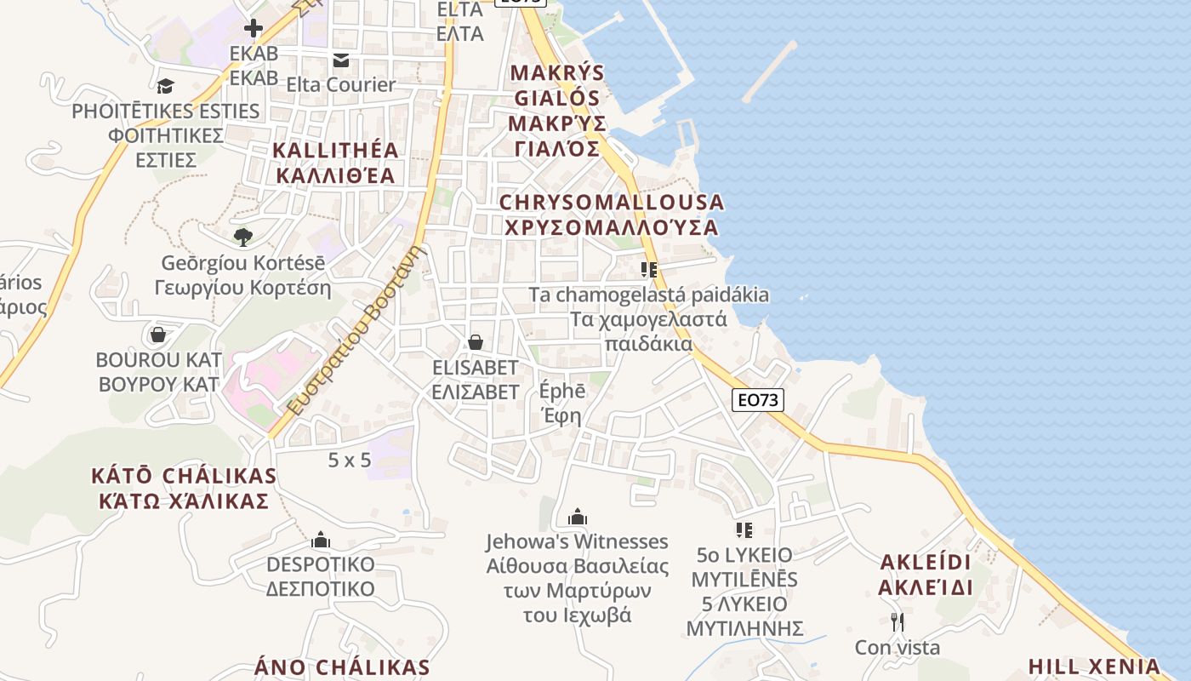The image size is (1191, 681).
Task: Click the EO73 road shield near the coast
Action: pos(757,399)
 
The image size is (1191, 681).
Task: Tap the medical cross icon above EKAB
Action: pos(253,28)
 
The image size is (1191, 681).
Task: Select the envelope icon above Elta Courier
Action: pos(340,60)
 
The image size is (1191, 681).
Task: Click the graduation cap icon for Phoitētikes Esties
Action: pos(165,86)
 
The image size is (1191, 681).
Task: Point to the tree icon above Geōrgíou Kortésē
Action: pos(243,237)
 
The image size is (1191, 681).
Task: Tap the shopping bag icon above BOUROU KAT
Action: pos(158,334)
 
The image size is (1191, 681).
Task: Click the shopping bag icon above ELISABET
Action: pos(475,342)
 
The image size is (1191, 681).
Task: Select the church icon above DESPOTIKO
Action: pos(320,540)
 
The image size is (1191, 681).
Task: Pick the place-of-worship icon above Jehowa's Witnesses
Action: pos(578,517)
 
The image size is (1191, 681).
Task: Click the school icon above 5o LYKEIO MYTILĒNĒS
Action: pos(744,530)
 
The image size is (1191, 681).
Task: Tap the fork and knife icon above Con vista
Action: pos(897,622)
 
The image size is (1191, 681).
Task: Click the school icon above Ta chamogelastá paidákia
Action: pos(649,270)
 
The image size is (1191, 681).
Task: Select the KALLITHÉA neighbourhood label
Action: pos(334,163)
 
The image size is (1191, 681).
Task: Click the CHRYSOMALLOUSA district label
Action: pos(611,215)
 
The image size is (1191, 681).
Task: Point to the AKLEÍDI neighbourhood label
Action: pos(926,575)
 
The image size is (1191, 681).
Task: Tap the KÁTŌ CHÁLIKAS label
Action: pos(184,487)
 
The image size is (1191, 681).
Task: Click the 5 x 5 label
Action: pos(350,460)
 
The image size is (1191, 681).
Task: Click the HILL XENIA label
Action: pos(1094,666)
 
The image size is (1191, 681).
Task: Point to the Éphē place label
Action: pos(562,403)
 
